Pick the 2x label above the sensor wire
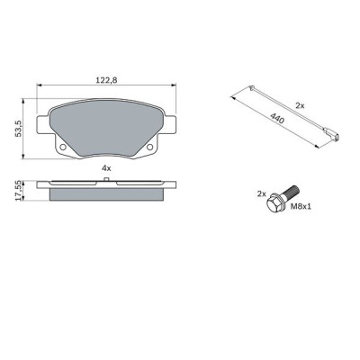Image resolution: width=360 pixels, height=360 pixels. [300, 105]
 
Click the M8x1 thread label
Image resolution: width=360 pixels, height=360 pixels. [302, 205]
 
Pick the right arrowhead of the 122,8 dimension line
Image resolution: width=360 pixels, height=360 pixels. [173, 85]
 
